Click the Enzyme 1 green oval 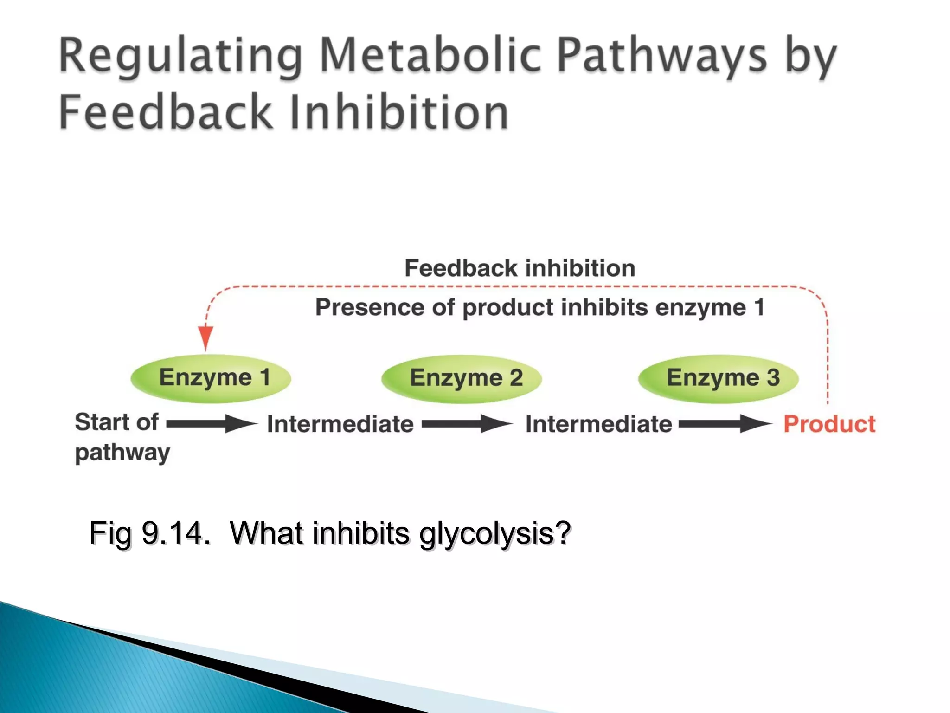click(211, 378)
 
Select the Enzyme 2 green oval click(462, 379)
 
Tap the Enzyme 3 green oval click(719, 379)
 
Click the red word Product click(829, 424)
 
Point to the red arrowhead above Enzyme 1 click(205, 337)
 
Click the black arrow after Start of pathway click(211, 423)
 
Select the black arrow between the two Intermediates click(466, 423)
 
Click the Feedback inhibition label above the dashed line click(520, 268)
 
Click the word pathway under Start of click(122, 453)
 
